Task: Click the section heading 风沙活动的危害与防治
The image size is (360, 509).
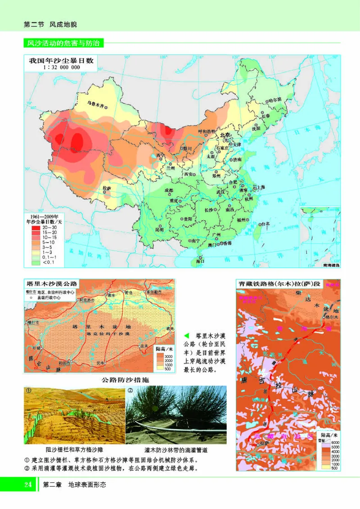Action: pos(63,44)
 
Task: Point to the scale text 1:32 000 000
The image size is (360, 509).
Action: pos(62,68)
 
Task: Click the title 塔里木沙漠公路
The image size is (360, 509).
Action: pos(52,284)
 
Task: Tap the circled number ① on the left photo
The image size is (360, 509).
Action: pos(28,390)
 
